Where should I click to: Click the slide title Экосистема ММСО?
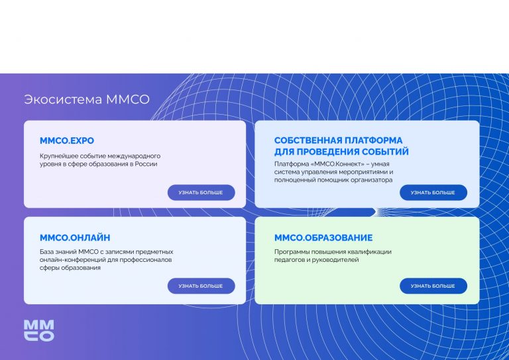[87, 99]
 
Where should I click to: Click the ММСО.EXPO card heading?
[67, 141]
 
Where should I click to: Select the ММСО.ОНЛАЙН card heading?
[75, 237]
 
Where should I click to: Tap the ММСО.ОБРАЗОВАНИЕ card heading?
[323, 237]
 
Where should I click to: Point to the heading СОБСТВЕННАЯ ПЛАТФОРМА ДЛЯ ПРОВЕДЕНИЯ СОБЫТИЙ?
[341, 146]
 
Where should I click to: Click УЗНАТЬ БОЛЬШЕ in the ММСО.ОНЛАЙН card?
[201, 286]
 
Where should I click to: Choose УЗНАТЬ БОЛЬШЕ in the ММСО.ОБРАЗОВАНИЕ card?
[433, 286]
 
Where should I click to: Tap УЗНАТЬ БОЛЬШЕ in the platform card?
[433, 192]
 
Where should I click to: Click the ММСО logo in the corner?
[39, 330]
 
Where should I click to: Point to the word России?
[146, 164]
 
